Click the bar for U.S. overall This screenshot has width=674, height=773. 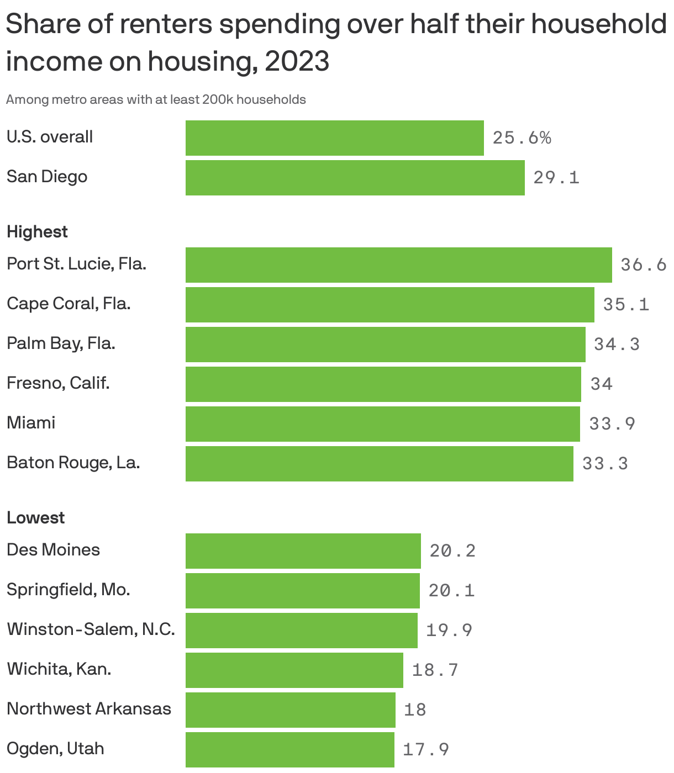point(334,138)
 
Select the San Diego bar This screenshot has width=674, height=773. point(355,178)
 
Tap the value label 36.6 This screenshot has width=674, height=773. point(644,265)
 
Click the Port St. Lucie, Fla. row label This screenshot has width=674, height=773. point(76,264)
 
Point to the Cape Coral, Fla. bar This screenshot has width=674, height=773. point(389,305)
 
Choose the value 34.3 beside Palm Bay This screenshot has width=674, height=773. point(617,345)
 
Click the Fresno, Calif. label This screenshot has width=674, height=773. point(58,383)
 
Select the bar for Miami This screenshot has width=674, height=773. point(382,424)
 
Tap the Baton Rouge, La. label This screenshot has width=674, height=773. point(73,462)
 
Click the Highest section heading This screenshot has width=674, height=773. point(37,232)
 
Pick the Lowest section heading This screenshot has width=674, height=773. point(35,518)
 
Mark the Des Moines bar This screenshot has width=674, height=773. point(303,551)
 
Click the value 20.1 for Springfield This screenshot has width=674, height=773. point(451,591)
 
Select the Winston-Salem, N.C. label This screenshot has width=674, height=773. point(91,629)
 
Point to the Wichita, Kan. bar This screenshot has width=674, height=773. point(294,670)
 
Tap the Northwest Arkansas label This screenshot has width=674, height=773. point(89,708)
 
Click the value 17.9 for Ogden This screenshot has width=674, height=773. point(425,750)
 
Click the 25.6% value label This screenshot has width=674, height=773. point(522,138)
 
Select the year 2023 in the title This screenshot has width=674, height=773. point(297,61)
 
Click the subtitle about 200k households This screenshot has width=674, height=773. point(156,100)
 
